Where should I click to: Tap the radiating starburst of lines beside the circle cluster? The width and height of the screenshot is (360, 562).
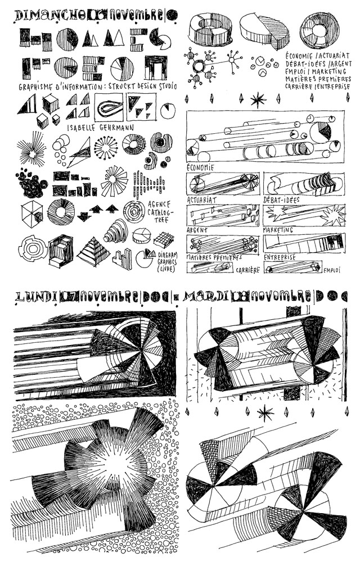click(31, 150)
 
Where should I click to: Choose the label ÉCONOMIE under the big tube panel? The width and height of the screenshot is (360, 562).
click(200, 167)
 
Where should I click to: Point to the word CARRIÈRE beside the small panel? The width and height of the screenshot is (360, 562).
click(247, 270)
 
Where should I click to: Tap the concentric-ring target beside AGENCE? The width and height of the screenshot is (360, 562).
click(134, 212)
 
